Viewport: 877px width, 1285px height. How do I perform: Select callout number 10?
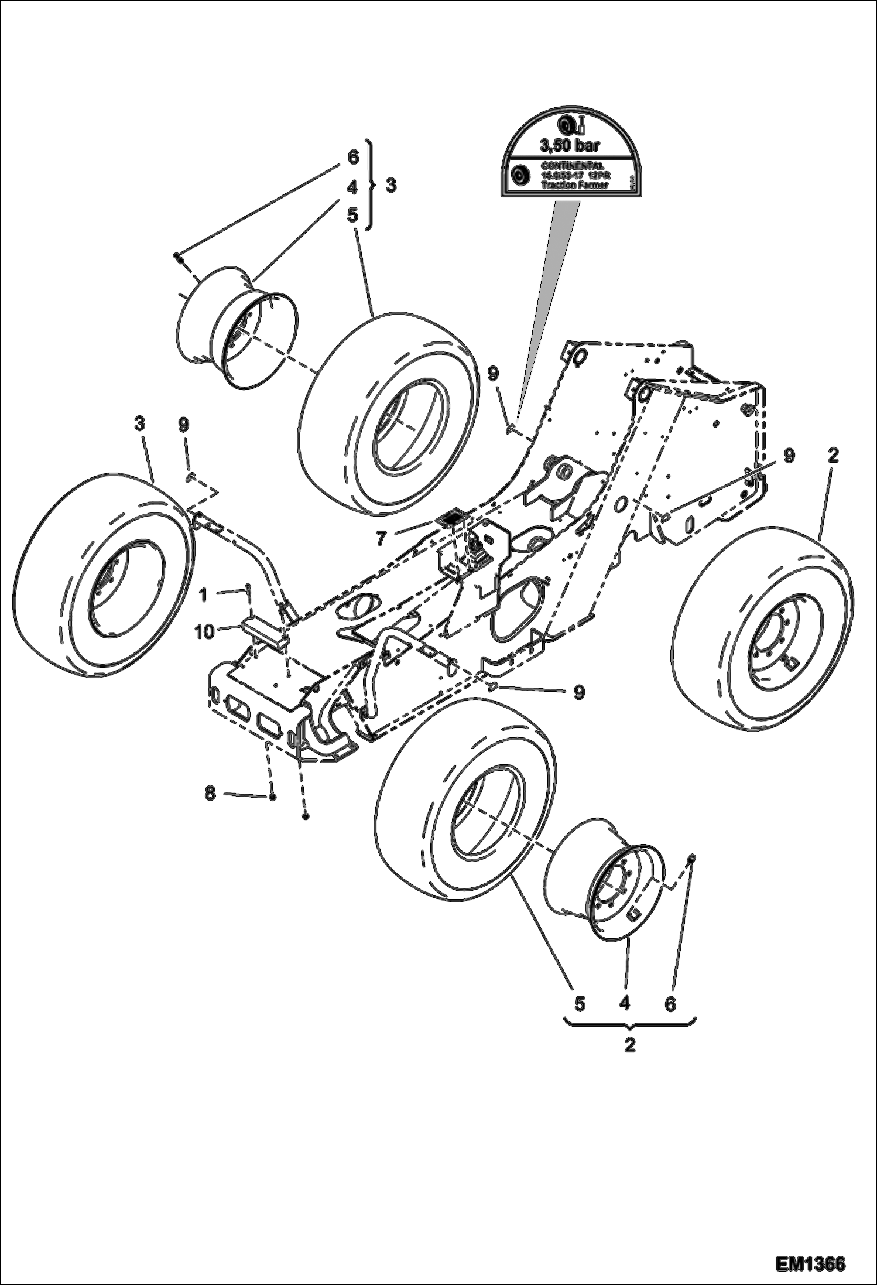[205, 632]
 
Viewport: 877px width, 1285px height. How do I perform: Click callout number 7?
[382, 537]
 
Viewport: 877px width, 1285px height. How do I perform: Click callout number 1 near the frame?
[203, 596]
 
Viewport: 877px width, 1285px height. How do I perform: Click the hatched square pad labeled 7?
[451, 518]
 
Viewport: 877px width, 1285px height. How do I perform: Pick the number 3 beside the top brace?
[390, 185]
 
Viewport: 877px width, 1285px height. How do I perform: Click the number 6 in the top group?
[352, 157]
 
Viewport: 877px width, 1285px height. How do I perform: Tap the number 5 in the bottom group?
[579, 1004]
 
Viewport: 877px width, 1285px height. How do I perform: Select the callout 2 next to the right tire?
[833, 455]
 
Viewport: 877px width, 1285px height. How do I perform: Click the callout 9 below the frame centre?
[578, 692]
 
